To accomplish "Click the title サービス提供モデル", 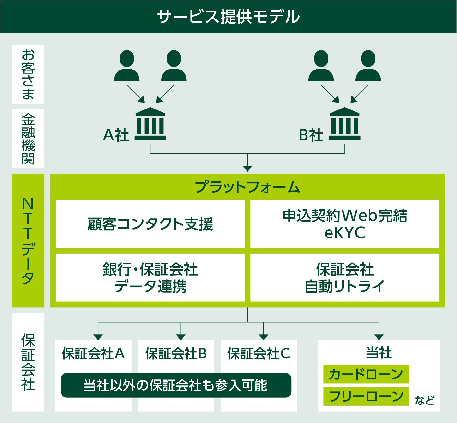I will click(x=228, y=17).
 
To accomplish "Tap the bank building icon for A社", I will click(x=150, y=124).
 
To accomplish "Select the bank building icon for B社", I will click(x=344, y=124).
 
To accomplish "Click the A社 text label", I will click(x=116, y=135).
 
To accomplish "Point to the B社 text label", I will click(x=311, y=135).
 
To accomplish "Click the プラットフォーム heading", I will click(x=247, y=187).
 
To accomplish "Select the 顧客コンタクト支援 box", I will click(x=150, y=224).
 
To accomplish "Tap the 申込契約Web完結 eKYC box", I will click(x=345, y=224).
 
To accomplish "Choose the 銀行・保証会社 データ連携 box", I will click(x=150, y=278).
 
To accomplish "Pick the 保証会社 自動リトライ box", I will click(x=345, y=278).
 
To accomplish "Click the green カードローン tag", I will click(x=366, y=374).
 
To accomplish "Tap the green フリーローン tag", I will click(x=366, y=396).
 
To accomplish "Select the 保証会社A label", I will click(x=93, y=353).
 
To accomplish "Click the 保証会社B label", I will click(x=176, y=353).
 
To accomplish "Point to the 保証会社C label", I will click(x=259, y=353).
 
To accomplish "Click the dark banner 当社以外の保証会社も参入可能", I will click(x=176, y=385).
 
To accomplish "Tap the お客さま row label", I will click(x=28, y=74).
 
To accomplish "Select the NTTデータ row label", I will click(x=28, y=240).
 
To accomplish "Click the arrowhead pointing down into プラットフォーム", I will click(x=247, y=168).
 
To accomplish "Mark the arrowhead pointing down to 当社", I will click(x=379, y=337).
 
